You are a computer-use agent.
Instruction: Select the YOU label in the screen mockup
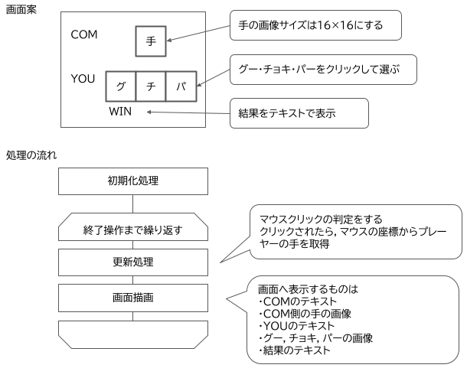[83, 79]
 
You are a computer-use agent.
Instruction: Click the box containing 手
[151, 41]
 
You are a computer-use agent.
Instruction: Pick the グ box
[120, 86]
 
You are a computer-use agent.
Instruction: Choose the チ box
[151, 86]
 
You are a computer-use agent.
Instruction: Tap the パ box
[181, 86]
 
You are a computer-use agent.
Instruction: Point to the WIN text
[121, 112]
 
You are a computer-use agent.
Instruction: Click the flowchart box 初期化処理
[133, 181]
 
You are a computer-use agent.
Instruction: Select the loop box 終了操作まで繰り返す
[133, 229]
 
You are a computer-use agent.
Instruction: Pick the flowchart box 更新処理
[133, 262]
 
